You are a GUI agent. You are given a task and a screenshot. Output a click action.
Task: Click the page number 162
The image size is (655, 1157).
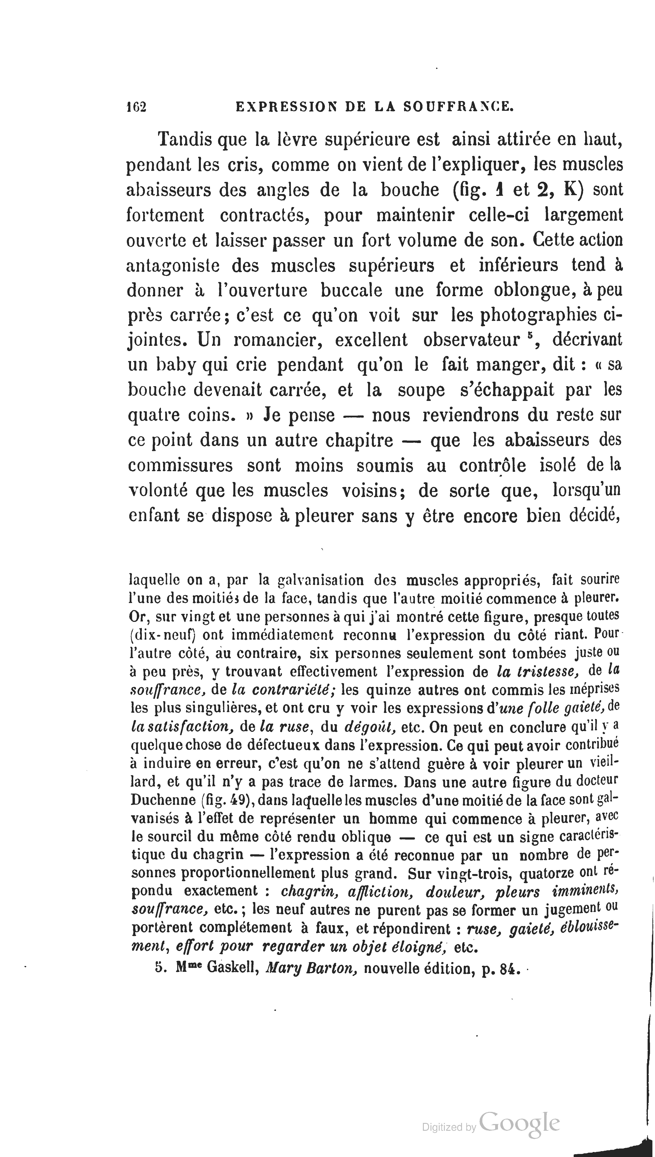click(137, 107)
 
